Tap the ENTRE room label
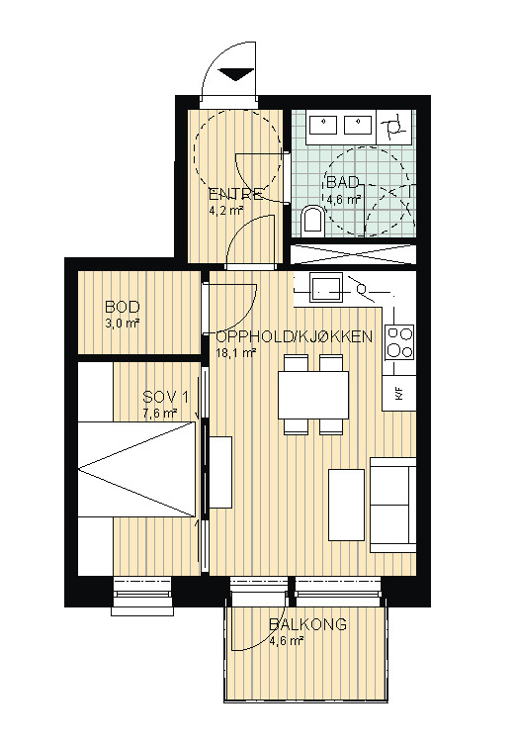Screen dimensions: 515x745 (x=235, y=194)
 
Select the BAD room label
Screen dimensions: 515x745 (x=342, y=183)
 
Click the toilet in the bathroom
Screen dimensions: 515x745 (x=311, y=220)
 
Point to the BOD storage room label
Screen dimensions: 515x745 (x=123, y=307)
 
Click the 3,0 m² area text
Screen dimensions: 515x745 (x=122, y=324)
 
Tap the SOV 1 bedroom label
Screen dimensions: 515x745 (x=166, y=397)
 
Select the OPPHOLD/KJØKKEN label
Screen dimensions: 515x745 (x=295, y=336)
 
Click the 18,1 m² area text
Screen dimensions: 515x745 (x=236, y=352)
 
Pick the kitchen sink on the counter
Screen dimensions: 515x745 (x=326, y=288)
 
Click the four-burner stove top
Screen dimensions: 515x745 (x=399, y=342)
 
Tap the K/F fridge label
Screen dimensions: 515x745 (x=398, y=393)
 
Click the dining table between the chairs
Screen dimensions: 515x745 (x=313, y=395)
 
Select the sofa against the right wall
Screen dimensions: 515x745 (x=393, y=505)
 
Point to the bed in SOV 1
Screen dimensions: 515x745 (x=136, y=469)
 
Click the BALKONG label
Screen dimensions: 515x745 (x=307, y=624)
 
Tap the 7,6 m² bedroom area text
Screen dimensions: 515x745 (x=160, y=414)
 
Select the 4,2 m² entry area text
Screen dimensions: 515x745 (x=226, y=210)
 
